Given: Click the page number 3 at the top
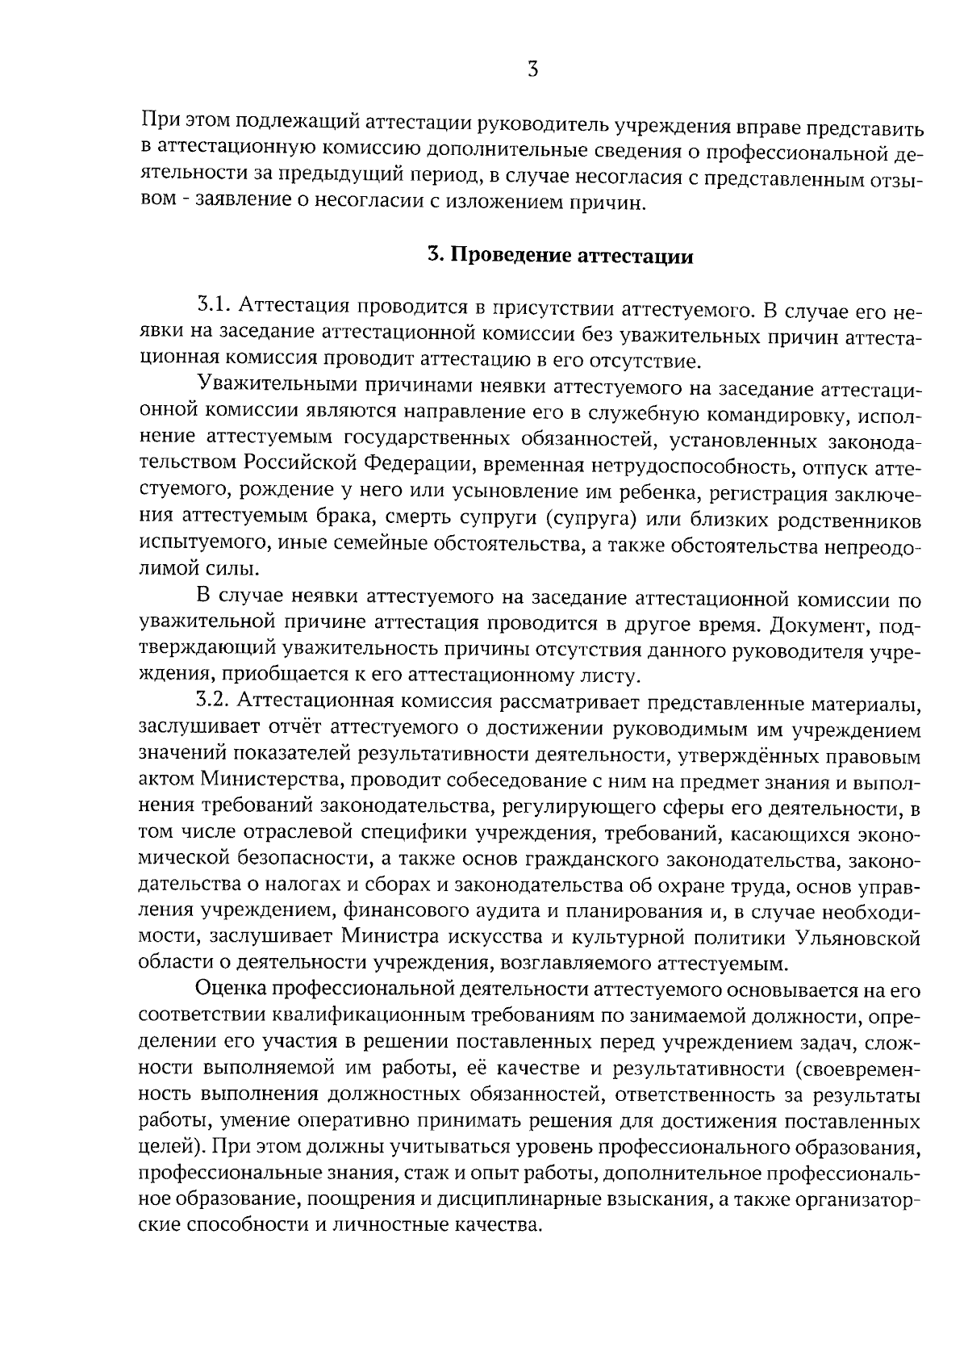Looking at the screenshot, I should [x=532, y=70].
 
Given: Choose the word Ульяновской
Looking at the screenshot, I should [x=859, y=937].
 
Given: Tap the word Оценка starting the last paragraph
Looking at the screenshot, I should [x=231, y=989].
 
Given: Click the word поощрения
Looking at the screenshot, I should [x=364, y=1199].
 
